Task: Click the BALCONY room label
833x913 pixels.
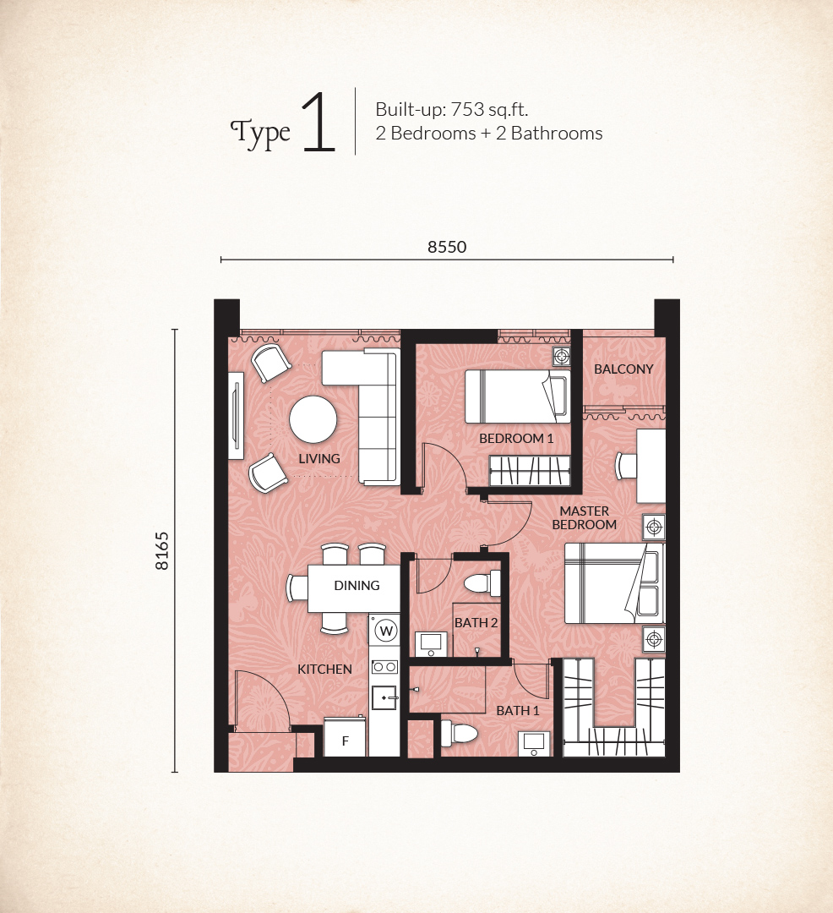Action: tap(623, 369)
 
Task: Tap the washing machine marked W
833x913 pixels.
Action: tap(386, 630)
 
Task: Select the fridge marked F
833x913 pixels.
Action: tap(345, 737)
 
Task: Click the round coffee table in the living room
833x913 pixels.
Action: tap(313, 419)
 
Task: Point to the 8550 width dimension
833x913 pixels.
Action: tap(447, 247)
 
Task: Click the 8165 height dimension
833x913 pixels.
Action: tap(161, 550)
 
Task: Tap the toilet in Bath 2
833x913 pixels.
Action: tap(482, 582)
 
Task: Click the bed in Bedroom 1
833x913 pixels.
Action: tap(517, 396)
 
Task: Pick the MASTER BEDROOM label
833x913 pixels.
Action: tap(584, 517)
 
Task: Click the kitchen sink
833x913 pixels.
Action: tap(385, 697)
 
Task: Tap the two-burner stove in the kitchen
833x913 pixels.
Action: tap(385, 667)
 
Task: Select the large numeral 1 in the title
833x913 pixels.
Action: tap(318, 123)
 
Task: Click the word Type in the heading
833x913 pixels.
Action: tap(260, 134)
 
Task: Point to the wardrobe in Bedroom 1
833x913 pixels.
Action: tap(530, 471)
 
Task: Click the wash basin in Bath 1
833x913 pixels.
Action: tap(534, 744)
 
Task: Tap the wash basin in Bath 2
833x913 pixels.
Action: tap(432, 643)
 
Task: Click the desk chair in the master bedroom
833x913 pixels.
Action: tap(626, 465)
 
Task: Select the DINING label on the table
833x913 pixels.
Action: tap(357, 586)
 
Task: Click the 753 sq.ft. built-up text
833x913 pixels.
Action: tap(489, 109)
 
